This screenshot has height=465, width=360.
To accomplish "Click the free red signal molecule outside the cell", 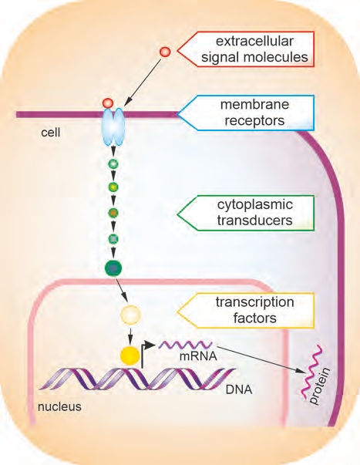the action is tap(165, 52).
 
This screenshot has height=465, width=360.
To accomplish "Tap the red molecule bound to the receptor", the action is tap(108, 103).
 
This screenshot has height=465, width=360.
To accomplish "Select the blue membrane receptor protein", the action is tap(113, 126).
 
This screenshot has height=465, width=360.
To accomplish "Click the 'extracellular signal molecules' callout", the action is tap(245, 49).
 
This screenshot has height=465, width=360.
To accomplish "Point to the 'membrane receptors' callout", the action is tap(245, 113).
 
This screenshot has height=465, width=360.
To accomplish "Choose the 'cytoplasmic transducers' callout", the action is tap(245, 213).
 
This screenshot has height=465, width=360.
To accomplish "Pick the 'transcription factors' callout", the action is tap(245, 311).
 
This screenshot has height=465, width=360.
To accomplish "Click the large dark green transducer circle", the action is tap(113, 268).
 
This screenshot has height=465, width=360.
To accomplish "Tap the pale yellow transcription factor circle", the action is tap(130, 315).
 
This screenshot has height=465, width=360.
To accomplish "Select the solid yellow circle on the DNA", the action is tap(130, 355).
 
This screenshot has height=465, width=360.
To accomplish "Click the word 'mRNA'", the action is tap(198, 355).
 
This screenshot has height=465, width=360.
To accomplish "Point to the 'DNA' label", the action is tap(239, 389).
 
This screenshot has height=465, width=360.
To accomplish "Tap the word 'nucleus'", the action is tap(59, 406).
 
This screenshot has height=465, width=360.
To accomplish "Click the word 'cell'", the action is tap(51, 133).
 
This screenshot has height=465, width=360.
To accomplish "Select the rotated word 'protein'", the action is tap(319, 386).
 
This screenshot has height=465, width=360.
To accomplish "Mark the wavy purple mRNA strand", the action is tap(186, 345).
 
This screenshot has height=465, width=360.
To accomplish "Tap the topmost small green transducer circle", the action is tap(113, 163).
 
